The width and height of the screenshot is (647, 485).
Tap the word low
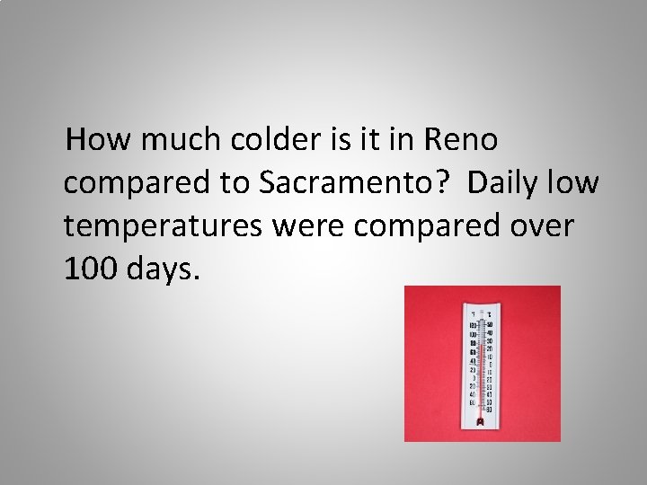point(577,183)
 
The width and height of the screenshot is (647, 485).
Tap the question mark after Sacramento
point(442,183)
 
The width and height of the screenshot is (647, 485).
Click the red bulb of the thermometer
point(481,421)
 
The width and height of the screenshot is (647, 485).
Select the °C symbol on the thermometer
point(488,313)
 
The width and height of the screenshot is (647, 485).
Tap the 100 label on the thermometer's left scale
point(473,324)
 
